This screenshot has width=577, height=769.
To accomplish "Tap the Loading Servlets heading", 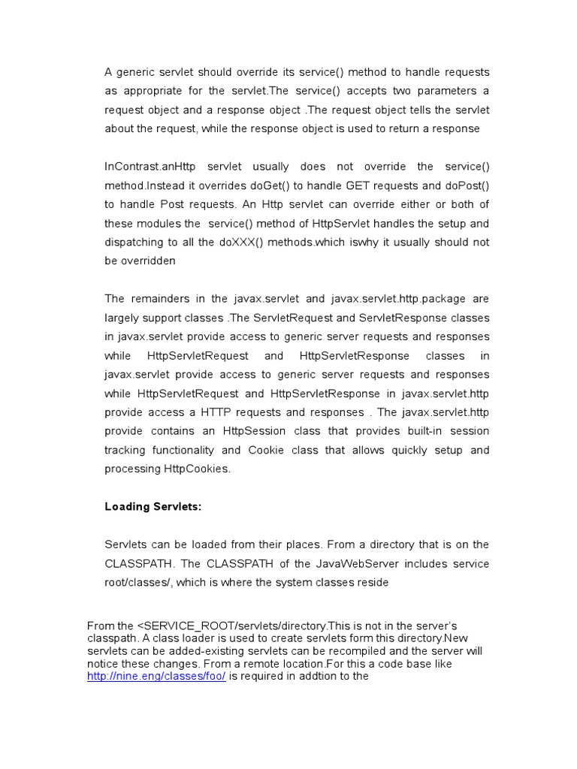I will coord(153,507).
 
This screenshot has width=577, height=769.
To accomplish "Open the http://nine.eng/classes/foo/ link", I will coord(156,676).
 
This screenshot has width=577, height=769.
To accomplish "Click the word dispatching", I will coord(135,242).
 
